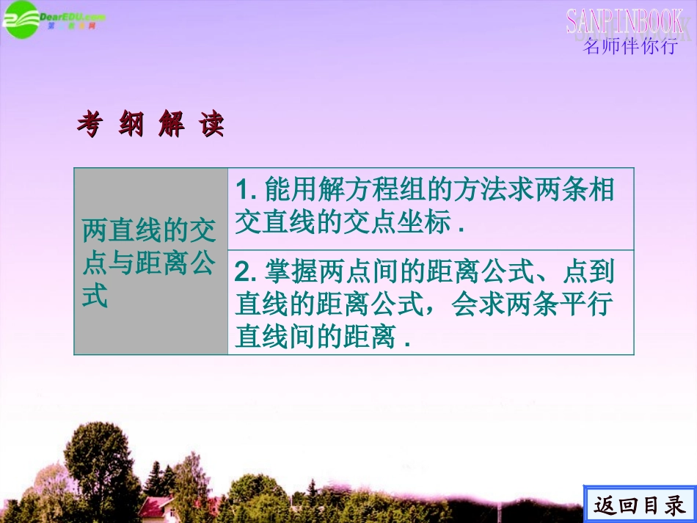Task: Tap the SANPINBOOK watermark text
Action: (x=624, y=21)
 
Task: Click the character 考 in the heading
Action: (x=89, y=125)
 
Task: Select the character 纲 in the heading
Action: (x=131, y=125)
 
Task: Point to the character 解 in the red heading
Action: (x=171, y=125)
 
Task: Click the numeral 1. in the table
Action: (x=244, y=191)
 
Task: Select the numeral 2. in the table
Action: (x=244, y=273)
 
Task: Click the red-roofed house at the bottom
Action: (x=156, y=506)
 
